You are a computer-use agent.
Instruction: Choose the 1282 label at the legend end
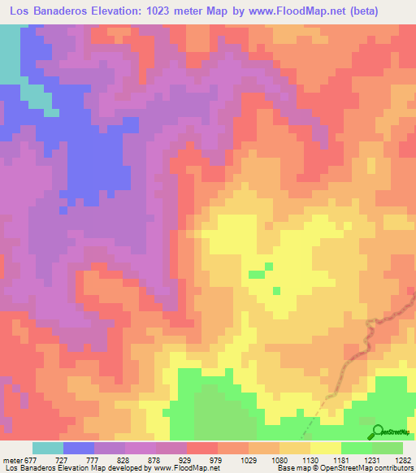(x=403, y=459)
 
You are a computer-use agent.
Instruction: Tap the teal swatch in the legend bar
(x=48, y=448)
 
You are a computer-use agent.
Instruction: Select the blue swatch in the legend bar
(x=79, y=448)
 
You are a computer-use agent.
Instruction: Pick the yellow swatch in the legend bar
(x=326, y=448)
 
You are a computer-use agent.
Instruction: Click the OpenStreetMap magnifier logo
(x=377, y=432)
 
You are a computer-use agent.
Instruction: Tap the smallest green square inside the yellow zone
(x=277, y=290)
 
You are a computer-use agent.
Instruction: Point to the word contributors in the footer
(x=389, y=468)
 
